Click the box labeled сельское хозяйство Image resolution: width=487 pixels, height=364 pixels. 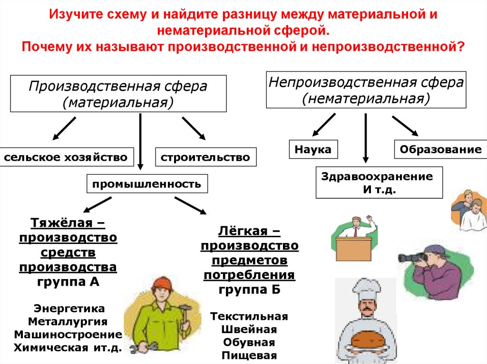pyautogui.click(x=66, y=157)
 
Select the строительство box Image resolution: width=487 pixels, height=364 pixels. pyautogui.click(x=205, y=157)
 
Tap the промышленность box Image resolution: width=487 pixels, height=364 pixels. pyautogui.click(x=147, y=184)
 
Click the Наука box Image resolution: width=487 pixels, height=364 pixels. pyautogui.click(x=313, y=149)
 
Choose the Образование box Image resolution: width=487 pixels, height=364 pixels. pyautogui.click(x=440, y=149)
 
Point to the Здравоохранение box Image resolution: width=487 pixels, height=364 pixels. pyautogui.click(x=379, y=182)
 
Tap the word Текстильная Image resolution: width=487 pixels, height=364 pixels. pyautogui.click(x=249, y=317)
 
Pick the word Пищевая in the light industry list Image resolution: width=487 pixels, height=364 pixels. pyautogui.click(x=249, y=355)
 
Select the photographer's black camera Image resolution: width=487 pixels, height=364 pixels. pyautogui.click(x=412, y=257)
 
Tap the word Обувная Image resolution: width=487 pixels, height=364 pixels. pyautogui.click(x=249, y=343)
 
